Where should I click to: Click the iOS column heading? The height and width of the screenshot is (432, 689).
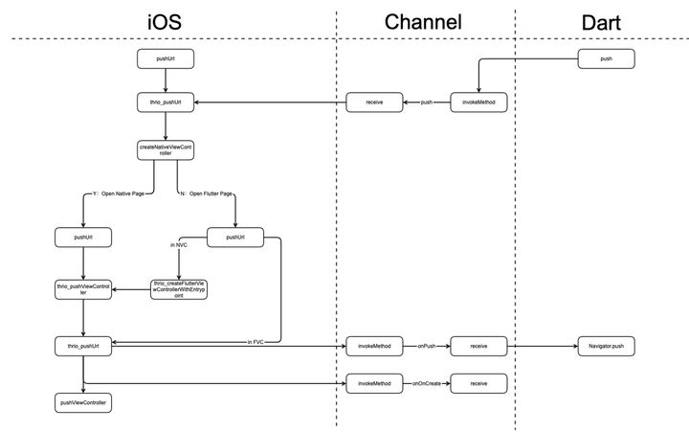pos(166,21)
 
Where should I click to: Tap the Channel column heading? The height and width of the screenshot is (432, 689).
pos(423,21)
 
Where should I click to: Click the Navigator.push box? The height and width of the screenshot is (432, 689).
pos(605,343)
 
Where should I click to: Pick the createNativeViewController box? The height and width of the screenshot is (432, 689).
pos(166,150)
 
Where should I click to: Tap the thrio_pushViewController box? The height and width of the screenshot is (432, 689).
pos(83,289)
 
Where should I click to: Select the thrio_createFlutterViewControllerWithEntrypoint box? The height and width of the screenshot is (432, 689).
pos(180,289)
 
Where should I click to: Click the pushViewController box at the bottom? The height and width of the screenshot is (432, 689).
pos(83,403)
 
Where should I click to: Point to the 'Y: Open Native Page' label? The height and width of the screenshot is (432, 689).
pos(119,194)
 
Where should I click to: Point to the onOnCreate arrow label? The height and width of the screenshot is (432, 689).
pos(428,383)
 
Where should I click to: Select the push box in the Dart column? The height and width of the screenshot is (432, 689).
pos(605,59)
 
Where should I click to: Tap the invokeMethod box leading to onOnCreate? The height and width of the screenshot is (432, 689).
pos(374,383)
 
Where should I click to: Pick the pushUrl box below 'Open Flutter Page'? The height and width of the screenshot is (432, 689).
pos(234,236)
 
